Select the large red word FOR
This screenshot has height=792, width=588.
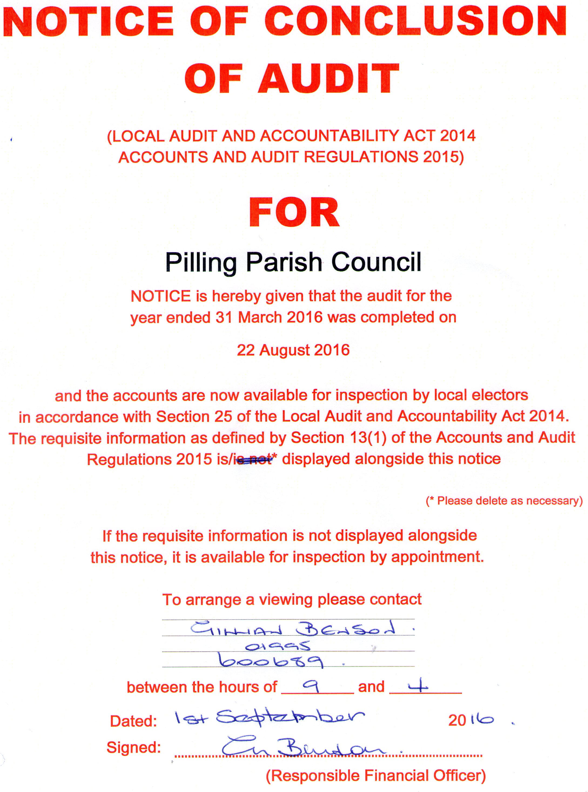coord(294,213)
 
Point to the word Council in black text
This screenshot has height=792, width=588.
coord(376,262)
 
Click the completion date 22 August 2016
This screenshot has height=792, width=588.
coord(293,350)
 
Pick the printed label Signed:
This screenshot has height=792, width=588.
coord(133,747)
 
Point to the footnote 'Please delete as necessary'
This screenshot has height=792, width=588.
coord(504,501)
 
